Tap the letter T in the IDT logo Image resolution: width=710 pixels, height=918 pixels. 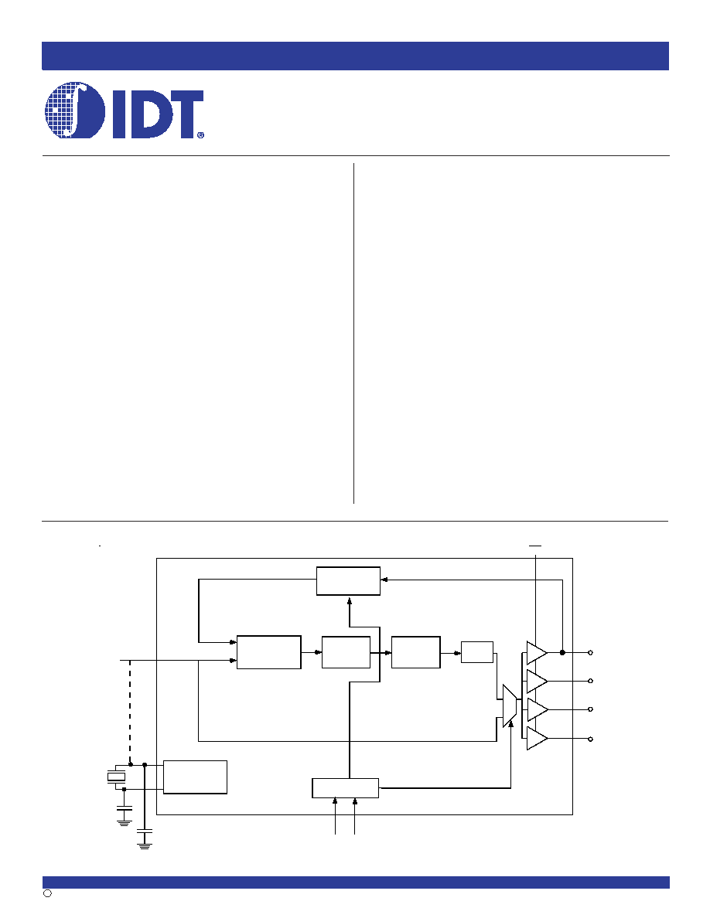[x=181, y=114]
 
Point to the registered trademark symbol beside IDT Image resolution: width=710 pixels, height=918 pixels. [x=200, y=134]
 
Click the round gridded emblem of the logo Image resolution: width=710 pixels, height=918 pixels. [x=75, y=110]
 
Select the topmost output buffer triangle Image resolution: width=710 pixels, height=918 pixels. [x=537, y=653]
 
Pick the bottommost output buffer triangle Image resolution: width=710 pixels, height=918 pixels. [x=537, y=738]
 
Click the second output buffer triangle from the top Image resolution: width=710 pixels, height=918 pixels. [x=537, y=681]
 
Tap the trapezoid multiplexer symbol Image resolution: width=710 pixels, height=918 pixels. [x=510, y=706]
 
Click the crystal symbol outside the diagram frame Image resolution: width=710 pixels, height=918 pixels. [x=117, y=777]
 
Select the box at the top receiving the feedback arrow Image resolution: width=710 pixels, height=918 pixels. [x=348, y=581]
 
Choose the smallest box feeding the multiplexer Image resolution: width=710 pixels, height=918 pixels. [x=477, y=652]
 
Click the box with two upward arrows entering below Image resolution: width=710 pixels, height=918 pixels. [x=345, y=788]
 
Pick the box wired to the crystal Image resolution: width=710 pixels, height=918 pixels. [x=195, y=777]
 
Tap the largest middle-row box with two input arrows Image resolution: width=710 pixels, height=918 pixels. [x=269, y=651]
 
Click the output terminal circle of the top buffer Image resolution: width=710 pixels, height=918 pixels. [x=590, y=653]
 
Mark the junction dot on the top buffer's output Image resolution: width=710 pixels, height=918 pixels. [x=562, y=653]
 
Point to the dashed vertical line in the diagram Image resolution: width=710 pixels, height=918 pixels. [x=129, y=712]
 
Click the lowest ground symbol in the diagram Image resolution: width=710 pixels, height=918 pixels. [x=144, y=845]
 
